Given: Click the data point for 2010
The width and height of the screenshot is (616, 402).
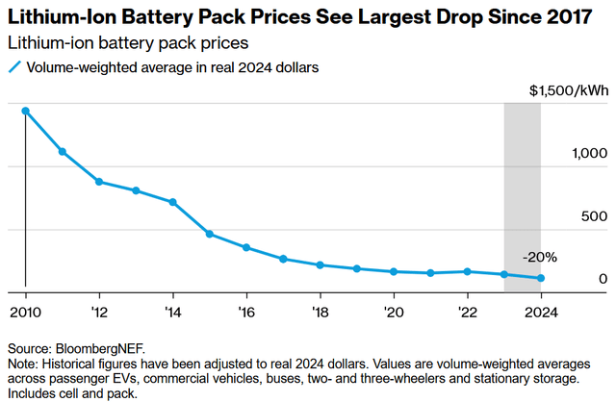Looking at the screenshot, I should pyautogui.click(x=25, y=111).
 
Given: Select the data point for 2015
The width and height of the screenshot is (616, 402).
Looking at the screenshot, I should pyautogui.click(x=210, y=234).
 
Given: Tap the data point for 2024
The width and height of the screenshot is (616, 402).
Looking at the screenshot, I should pyautogui.click(x=541, y=279).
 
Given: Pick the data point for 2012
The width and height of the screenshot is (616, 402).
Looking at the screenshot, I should pyautogui.click(x=99, y=182).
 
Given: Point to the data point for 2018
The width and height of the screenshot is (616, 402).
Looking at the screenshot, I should pyautogui.click(x=320, y=264).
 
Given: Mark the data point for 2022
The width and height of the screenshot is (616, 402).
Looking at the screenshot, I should pyautogui.click(x=468, y=271).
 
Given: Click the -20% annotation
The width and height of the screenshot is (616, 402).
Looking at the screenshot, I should pyautogui.click(x=539, y=257).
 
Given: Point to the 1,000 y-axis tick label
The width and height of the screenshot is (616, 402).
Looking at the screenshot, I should pyautogui.click(x=589, y=154).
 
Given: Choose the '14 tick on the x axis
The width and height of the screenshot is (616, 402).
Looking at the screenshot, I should pyautogui.click(x=172, y=311).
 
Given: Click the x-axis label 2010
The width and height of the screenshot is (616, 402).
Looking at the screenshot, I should pyautogui.click(x=25, y=311).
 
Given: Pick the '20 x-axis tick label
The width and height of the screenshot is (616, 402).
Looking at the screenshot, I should pyautogui.click(x=394, y=311).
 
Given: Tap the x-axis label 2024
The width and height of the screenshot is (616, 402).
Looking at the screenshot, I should pyautogui.click(x=541, y=311).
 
